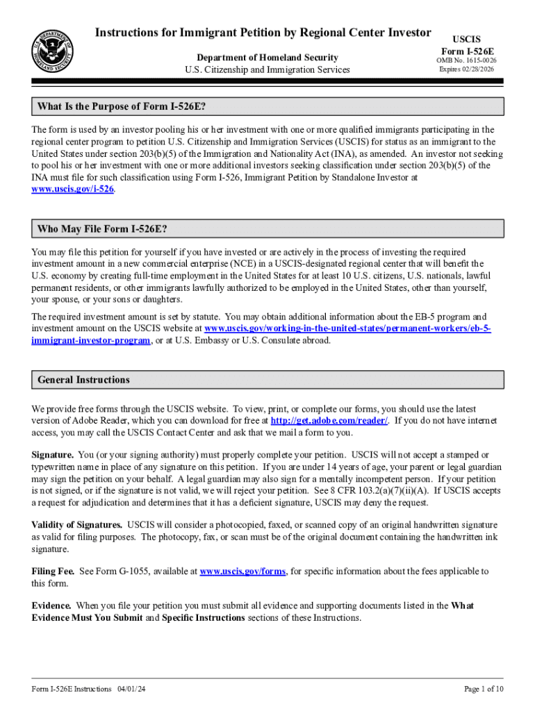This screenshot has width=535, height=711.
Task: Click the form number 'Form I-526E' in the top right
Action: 466,51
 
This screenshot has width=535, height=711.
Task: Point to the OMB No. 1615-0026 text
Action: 466,61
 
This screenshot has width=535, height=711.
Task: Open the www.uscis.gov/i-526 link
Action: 73,189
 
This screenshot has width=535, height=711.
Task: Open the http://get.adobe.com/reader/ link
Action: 329,421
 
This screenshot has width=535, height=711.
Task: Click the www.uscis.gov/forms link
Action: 242,571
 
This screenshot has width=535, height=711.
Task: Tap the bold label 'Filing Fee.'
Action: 53,571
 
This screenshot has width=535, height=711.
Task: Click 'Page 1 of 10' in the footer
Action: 484,689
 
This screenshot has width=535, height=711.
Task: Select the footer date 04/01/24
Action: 131,689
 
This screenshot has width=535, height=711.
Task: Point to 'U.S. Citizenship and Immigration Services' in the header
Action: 267,69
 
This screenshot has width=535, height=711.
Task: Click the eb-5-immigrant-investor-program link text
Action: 91,340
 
